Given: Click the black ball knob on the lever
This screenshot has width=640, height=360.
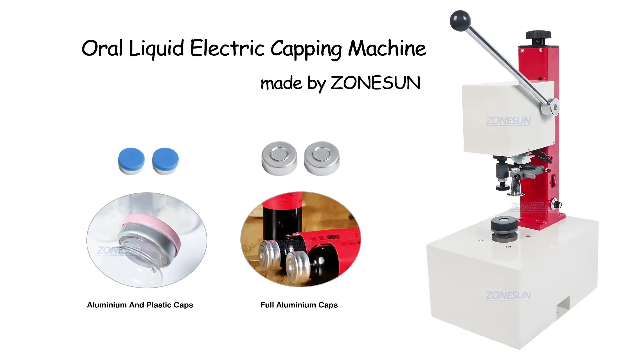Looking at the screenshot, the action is pos(460,21).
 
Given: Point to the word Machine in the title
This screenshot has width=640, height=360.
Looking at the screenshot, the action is pos(387,48).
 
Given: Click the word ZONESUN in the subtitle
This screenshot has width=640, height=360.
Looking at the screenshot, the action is pos(376,83).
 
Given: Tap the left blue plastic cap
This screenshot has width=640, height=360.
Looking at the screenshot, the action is pos(131,161).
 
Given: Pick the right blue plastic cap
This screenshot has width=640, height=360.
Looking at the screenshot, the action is pos(165,161).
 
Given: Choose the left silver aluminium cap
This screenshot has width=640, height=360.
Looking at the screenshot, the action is pos(279,159).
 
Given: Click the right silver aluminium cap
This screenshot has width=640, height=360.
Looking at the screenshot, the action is pos(322,159).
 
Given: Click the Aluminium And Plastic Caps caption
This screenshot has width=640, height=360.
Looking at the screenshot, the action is pos(140,305).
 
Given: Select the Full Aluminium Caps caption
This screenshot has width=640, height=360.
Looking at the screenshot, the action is pos(299,305).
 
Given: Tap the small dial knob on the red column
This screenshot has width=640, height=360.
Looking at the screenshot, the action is pos(556,204).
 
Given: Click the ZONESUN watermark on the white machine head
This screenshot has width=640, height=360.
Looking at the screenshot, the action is pos(508,121).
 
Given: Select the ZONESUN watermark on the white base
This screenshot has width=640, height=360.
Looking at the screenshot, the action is pos(508,295).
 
